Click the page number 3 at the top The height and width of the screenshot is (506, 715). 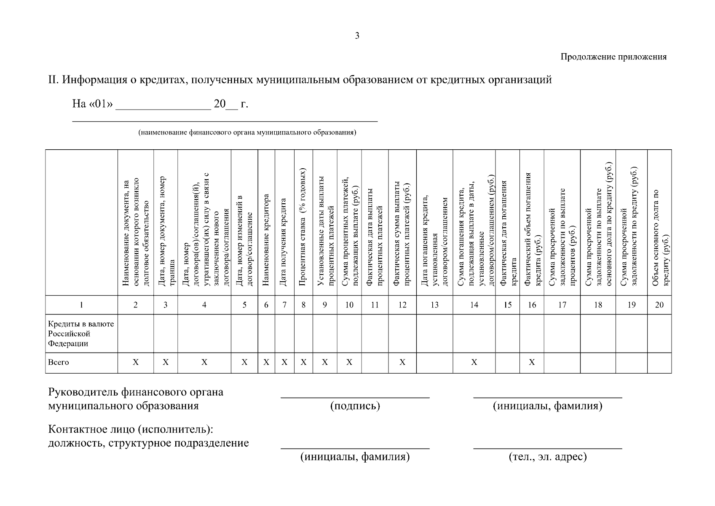[357, 36]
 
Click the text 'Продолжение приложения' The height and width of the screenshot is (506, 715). [613, 57]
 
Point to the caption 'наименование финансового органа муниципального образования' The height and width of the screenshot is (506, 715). [247, 132]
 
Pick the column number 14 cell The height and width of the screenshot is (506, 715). [474, 305]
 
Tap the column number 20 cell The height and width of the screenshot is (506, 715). [659, 305]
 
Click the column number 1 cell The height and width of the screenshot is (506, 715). [81, 305]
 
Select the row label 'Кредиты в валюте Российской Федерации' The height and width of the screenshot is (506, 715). [81, 334]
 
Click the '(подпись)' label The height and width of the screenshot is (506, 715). [355, 406]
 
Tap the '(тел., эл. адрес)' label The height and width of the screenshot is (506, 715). [548, 457]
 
